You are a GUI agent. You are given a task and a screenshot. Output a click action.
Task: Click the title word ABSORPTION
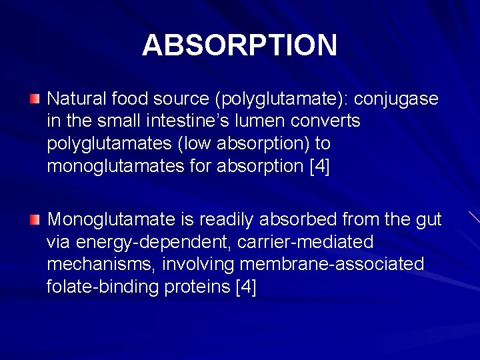coord(239,45)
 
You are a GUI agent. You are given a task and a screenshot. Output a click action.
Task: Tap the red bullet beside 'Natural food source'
coord(35,99)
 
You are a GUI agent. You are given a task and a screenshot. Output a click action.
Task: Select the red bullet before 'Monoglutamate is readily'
coord(35,219)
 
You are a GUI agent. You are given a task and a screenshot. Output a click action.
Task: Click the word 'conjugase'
coord(396,99)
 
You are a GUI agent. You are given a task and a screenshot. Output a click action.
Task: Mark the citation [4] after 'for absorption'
coord(319,165)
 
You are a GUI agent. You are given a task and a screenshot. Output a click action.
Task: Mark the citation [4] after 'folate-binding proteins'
coord(246,287)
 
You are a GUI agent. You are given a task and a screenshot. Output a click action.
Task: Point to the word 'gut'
coord(427,219)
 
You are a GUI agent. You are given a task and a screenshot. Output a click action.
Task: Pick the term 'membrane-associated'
coord(331,265)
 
